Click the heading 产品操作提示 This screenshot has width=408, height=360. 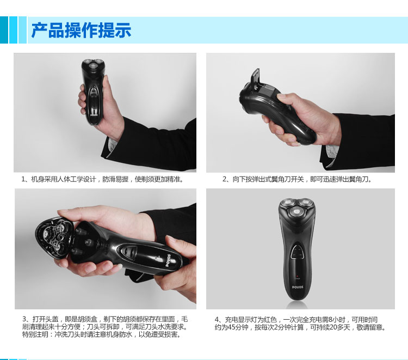point(81,30)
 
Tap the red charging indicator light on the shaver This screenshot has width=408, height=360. point(297,276)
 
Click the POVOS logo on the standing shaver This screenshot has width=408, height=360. point(298,287)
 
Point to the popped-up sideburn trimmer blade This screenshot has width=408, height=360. point(257,77)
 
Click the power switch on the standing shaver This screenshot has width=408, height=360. point(297,252)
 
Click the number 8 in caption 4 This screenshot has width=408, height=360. point(330,320)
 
